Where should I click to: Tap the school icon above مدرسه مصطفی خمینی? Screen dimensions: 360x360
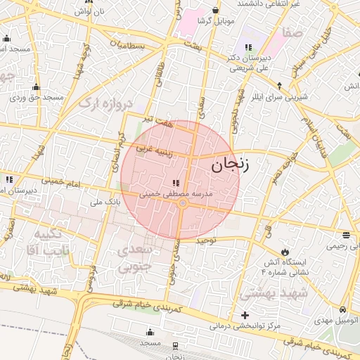click(175, 184)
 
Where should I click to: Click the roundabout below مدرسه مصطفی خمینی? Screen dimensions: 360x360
click(182, 204)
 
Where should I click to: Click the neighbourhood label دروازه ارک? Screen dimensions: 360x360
click(105, 104)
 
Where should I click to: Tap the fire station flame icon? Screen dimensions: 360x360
click(285, 251)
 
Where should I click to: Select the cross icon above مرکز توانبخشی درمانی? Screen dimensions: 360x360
click(245, 315)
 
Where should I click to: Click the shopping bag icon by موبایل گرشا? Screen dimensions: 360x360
click(214, 11)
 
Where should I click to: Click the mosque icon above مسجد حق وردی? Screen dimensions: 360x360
click(37, 87)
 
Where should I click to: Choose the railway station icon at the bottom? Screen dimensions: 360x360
click(175, 345)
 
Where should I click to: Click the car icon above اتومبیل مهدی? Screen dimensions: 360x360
click(342, 309)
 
